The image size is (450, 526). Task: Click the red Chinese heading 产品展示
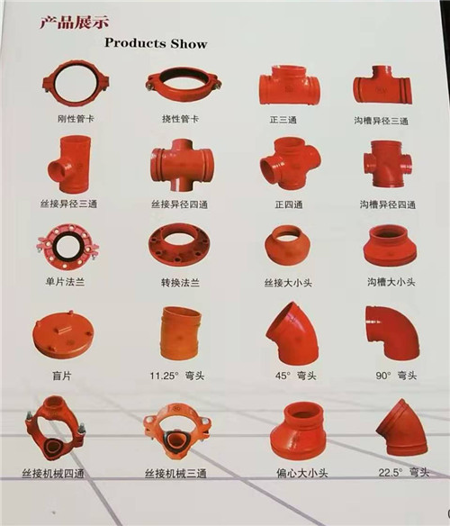(75, 23)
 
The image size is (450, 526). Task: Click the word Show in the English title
(189, 43)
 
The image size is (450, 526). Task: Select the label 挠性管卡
(180, 119)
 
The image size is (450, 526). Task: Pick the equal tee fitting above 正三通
(290, 86)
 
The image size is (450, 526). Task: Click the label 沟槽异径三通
(382, 121)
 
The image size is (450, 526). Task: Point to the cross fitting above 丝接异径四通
(182, 166)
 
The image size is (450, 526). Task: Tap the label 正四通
(289, 204)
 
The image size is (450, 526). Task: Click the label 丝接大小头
(288, 283)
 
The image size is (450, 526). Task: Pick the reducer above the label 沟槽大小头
(390, 246)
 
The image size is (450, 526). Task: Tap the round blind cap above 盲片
(63, 335)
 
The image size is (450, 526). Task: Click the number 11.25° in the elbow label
(165, 376)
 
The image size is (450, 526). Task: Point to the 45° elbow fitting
(292, 334)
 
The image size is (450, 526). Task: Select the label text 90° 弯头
(396, 376)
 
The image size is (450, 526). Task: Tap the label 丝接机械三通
(175, 474)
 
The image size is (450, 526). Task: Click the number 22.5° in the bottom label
(391, 473)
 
